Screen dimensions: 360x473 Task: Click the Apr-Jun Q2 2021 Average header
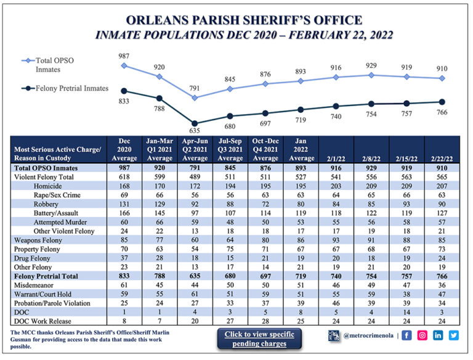point(195,149)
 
